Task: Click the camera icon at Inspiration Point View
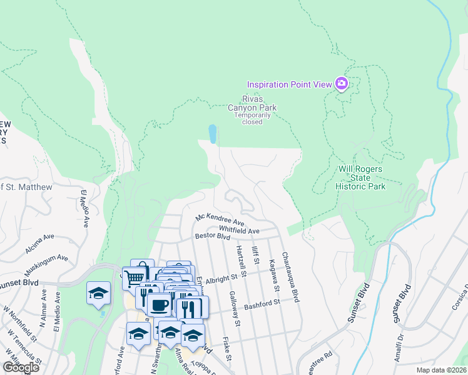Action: pyautogui.click(x=341, y=84)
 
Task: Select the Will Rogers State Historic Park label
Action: pyautogui.click(x=360, y=177)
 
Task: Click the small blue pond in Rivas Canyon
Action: pyautogui.click(x=213, y=134)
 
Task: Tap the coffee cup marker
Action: pyautogui.click(x=159, y=304)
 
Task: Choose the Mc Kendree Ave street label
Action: pyautogui.click(x=220, y=219)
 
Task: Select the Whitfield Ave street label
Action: pyautogui.click(x=238, y=231)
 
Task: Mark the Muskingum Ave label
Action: pyautogui.click(x=46, y=265)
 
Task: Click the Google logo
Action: pyautogui.click(x=21, y=367)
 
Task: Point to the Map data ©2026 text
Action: pyautogui.click(x=440, y=370)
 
